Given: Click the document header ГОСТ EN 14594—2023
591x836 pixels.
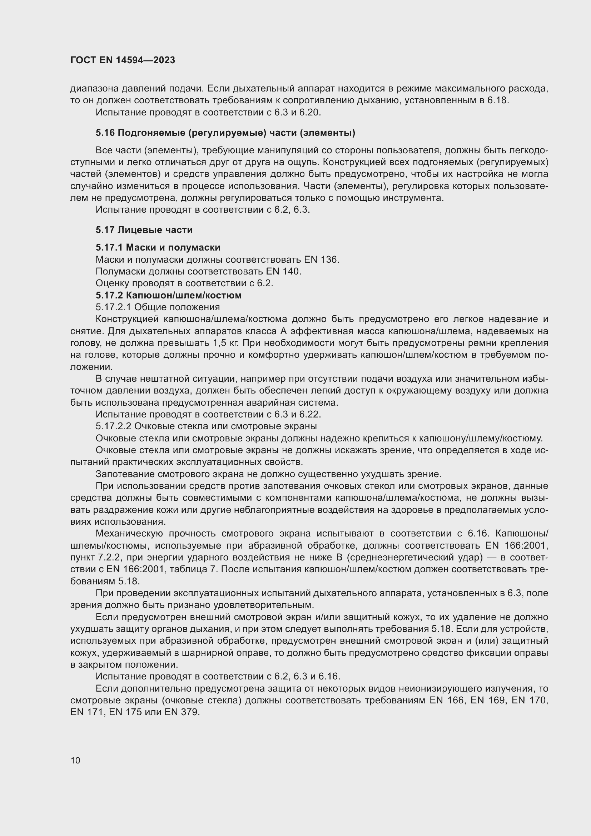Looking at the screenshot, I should tap(123, 60).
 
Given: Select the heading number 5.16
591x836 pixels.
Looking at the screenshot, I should tap(105, 133).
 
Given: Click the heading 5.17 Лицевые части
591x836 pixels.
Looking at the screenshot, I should tap(144, 230).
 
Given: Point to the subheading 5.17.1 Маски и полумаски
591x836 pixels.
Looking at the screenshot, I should tap(158, 248).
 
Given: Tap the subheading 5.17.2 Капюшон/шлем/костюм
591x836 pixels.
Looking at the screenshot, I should tap(169, 295).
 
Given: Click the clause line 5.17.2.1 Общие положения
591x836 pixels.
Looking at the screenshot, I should tap(158, 307).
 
